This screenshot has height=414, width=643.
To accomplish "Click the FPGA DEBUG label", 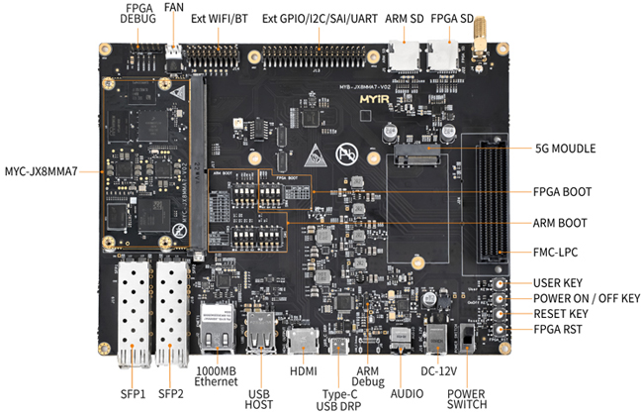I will click(139, 12).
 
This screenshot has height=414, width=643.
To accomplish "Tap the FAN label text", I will click(175, 7).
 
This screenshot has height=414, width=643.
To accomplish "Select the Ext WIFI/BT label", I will click(220, 19).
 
